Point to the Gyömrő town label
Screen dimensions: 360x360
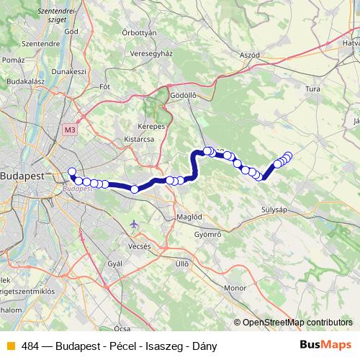(208, 235)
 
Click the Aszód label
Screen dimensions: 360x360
(249, 55)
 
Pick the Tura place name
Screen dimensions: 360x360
(313, 88)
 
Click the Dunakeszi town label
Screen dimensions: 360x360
(73, 72)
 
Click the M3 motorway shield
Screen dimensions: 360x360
(69, 130)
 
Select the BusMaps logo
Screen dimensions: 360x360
(325, 345)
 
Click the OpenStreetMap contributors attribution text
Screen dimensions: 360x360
(296, 323)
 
